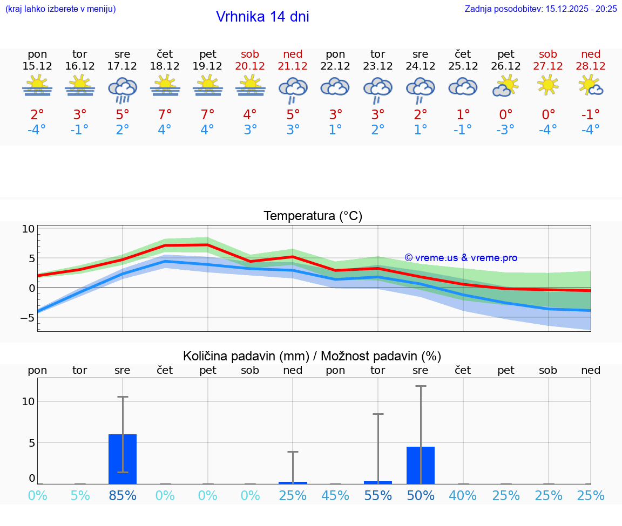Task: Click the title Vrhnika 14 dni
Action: point(262,17)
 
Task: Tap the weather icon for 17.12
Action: point(123,88)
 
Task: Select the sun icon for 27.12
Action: point(548,85)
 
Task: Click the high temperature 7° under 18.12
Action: point(165,114)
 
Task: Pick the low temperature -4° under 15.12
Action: point(37,130)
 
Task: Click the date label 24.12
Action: point(420,66)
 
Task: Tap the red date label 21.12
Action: point(293,66)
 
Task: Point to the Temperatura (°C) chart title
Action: point(313,216)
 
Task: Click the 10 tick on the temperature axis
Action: point(28,229)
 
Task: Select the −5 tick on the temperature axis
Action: point(27,318)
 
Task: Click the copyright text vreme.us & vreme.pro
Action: point(461,258)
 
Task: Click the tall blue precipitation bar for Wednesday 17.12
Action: point(123,459)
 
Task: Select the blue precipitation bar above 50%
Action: point(420,465)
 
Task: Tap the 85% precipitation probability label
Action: point(123,496)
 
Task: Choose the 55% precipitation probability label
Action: point(377,496)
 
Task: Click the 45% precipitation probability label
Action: point(335,496)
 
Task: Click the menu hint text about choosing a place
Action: point(60,9)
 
